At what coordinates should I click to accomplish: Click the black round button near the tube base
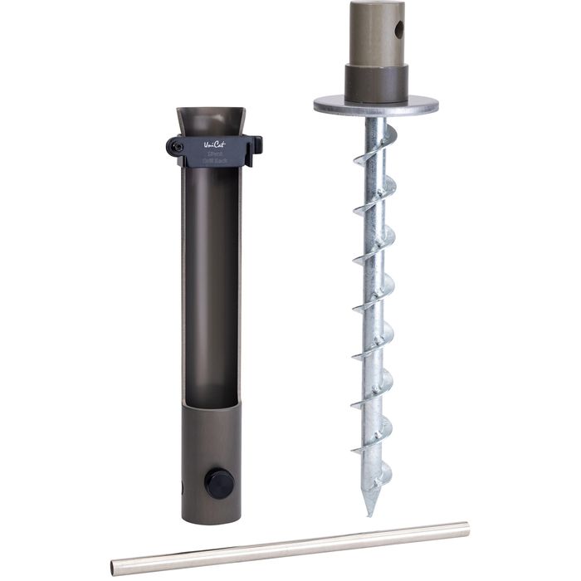[218, 483]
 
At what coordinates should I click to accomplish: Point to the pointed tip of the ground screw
[366, 512]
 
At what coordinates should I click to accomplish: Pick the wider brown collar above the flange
[376, 82]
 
